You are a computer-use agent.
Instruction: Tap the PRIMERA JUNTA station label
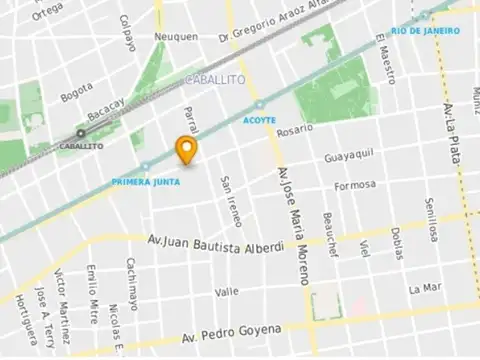145,182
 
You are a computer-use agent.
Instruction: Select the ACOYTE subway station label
259,120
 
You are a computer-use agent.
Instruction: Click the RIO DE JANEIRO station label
426,31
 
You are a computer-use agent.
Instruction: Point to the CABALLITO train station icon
80,132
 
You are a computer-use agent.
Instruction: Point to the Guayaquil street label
349,157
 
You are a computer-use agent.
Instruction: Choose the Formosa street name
356,185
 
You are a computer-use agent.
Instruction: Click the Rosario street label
295,130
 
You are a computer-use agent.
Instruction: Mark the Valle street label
227,291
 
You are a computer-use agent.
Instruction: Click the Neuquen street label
176,37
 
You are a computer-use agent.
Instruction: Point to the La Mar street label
424,288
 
